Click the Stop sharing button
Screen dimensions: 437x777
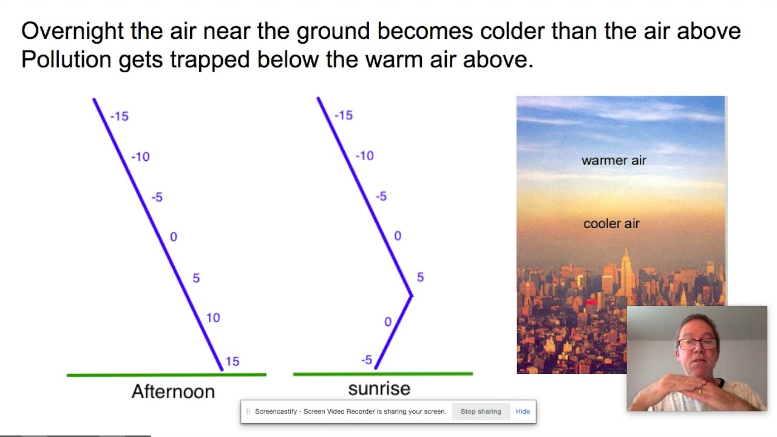pos(480,412)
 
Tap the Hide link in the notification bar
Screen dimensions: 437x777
pos(523,412)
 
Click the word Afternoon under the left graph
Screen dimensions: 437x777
pos(173,391)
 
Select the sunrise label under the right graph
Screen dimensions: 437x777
pos(379,388)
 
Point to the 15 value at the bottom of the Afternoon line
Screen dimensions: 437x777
pos(232,362)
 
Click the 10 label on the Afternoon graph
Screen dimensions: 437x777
pos(213,317)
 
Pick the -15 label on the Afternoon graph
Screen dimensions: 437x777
pos(120,116)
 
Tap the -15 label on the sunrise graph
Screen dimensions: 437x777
pos(344,115)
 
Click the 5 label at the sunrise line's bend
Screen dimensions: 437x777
pos(420,277)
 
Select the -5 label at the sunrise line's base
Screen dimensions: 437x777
pos(367,361)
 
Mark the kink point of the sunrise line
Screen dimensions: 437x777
pos(412,296)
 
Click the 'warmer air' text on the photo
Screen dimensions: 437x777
pos(614,161)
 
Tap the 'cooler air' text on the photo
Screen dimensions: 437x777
pos(611,224)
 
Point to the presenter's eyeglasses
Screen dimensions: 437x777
pos(697,344)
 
